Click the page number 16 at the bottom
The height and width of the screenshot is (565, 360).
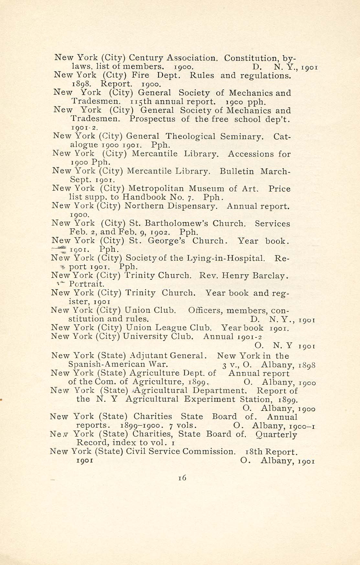point(182,478)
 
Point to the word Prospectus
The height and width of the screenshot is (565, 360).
point(152,119)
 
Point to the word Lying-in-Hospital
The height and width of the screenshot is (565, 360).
point(226,258)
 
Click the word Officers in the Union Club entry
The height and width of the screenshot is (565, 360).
point(206,311)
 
